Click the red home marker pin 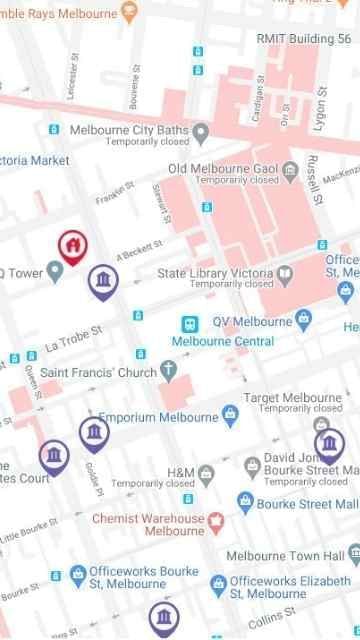[x=71, y=245]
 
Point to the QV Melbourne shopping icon [x=305, y=321]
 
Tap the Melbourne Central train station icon [x=187, y=324]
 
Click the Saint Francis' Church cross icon [x=169, y=374]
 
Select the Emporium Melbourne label [x=159, y=417]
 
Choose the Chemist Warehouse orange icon [x=214, y=521]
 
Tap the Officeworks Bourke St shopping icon [x=77, y=574]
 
